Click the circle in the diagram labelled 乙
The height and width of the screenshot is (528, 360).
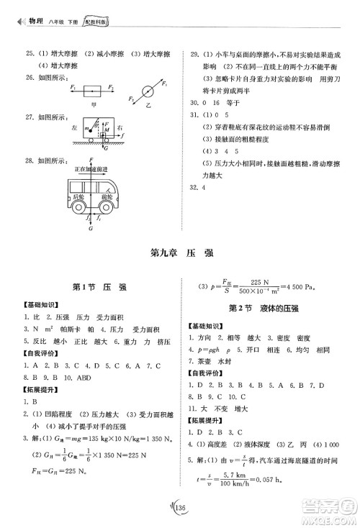(x=148, y=92)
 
